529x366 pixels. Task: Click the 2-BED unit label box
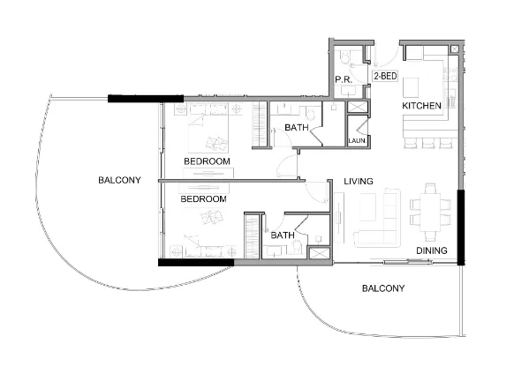pyautogui.click(x=385, y=76)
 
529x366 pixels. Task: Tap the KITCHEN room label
pyautogui.click(x=421, y=106)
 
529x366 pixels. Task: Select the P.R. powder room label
pyautogui.click(x=344, y=80)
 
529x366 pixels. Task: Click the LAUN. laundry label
pyautogui.click(x=357, y=141)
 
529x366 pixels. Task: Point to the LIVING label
pyautogui.click(x=359, y=182)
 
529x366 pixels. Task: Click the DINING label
pyautogui.click(x=432, y=250)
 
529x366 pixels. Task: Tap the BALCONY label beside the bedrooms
pyautogui.click(x=119, y=180)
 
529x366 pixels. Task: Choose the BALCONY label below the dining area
pyautogui.click(x=383, y=288)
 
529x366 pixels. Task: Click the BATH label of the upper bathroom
pyautogui.click(x=297, y=127)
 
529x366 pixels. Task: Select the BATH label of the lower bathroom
pyautogui.click(x=283, y=235)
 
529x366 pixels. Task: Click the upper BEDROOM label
pyautogui.click(x=207, y=161)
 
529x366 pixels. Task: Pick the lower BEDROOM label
pyautogui.click(x=203, y=199)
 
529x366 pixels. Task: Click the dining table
pyautogui.click(x=430, y=212)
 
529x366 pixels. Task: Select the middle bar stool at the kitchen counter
pyautogui.click(x=428, y=143)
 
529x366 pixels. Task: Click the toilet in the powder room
pyautogui.click(x=344, y=58)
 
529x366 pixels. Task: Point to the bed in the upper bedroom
pyautogui.click(x=208, y=128)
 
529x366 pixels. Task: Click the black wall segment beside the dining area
pyautogui.click(x=461, y=228)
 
